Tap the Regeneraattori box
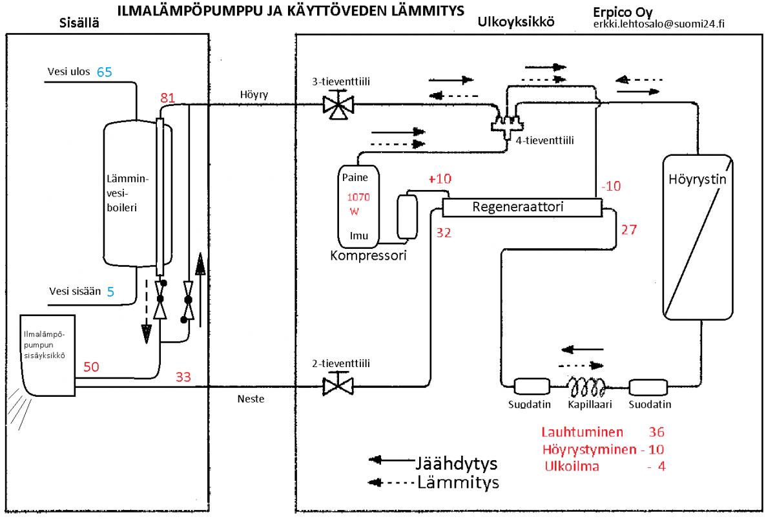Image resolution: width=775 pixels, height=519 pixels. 521,207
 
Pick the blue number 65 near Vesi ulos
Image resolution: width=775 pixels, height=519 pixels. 105,72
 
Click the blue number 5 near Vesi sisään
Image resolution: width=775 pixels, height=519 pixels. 110,291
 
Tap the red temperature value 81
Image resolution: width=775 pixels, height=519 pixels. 168,98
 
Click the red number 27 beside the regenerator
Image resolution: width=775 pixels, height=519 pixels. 629,229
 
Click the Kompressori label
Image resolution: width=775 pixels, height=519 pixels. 363,255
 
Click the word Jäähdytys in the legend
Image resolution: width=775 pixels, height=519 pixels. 457,464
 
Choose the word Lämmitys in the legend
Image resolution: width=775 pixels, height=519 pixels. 459,482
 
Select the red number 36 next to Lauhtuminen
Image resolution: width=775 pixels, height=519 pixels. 656,432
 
